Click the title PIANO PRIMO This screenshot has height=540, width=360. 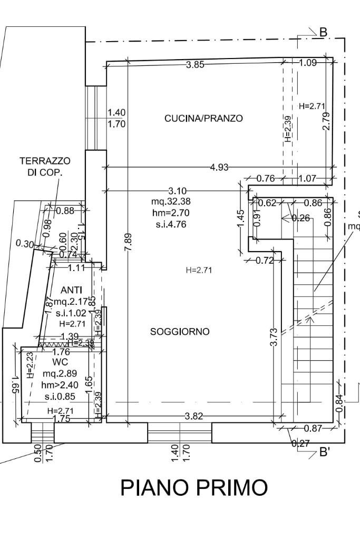(194, 488)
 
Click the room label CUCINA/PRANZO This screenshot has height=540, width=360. (203, 118)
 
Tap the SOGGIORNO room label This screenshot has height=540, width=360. (180, 332)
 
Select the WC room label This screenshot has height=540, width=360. (61, 362)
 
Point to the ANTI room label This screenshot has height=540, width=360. (71, 290)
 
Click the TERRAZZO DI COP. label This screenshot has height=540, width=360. (45, 167)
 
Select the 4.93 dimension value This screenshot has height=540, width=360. (219, 168)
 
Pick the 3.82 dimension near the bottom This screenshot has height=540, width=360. (194, 417)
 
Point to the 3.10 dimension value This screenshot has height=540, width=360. (178, 190)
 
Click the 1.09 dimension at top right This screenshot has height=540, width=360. (308, 63)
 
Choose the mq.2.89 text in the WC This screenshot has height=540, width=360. (61, 373)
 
